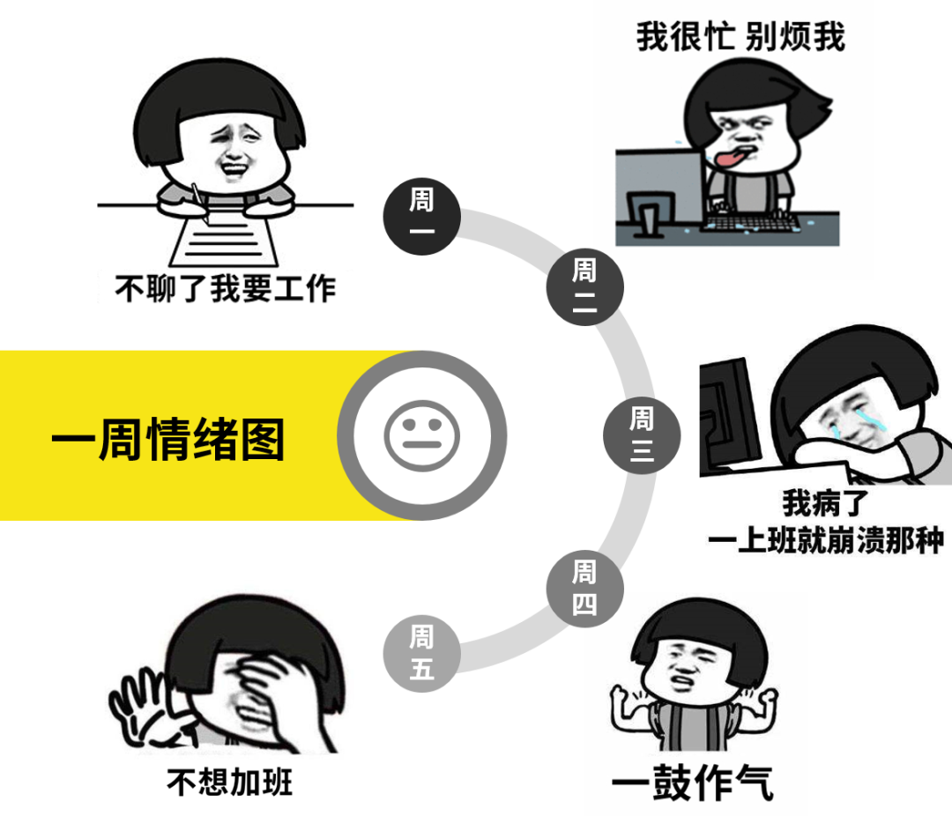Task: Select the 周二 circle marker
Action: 584,286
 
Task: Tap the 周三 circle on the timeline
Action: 642,434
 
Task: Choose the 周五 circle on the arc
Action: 421,653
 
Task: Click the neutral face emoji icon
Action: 422,434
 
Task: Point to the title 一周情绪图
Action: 167,438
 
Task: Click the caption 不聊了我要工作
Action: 226,288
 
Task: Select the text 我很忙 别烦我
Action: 740,37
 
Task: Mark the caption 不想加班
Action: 229,782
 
